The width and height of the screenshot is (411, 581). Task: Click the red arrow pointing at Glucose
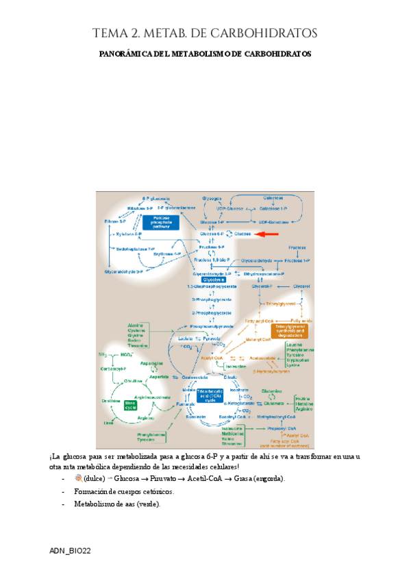[x=267, y=234]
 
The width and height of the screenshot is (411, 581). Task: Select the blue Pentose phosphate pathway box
[x=160, y=221]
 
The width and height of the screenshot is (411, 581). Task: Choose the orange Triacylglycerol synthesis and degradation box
[x=290, y=331]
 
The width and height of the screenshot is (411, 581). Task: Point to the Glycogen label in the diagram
[x=212, y=198]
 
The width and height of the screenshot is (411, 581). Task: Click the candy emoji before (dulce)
[x=77, y=478]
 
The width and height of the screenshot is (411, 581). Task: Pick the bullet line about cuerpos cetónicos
[x=123, y=491]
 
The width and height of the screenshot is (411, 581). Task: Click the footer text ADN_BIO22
[x=70, y=551]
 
